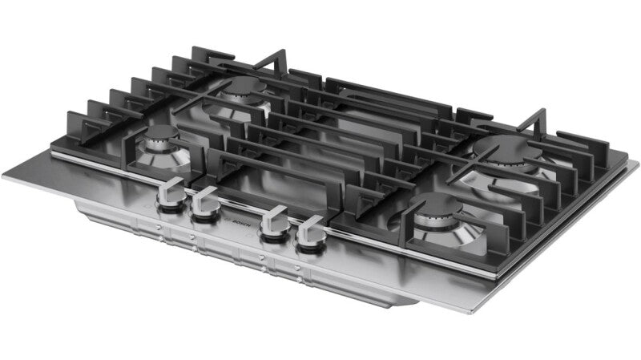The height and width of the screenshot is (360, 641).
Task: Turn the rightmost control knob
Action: tap(310, 234)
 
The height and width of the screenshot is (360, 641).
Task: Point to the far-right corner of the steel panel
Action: tap(637, 164)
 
